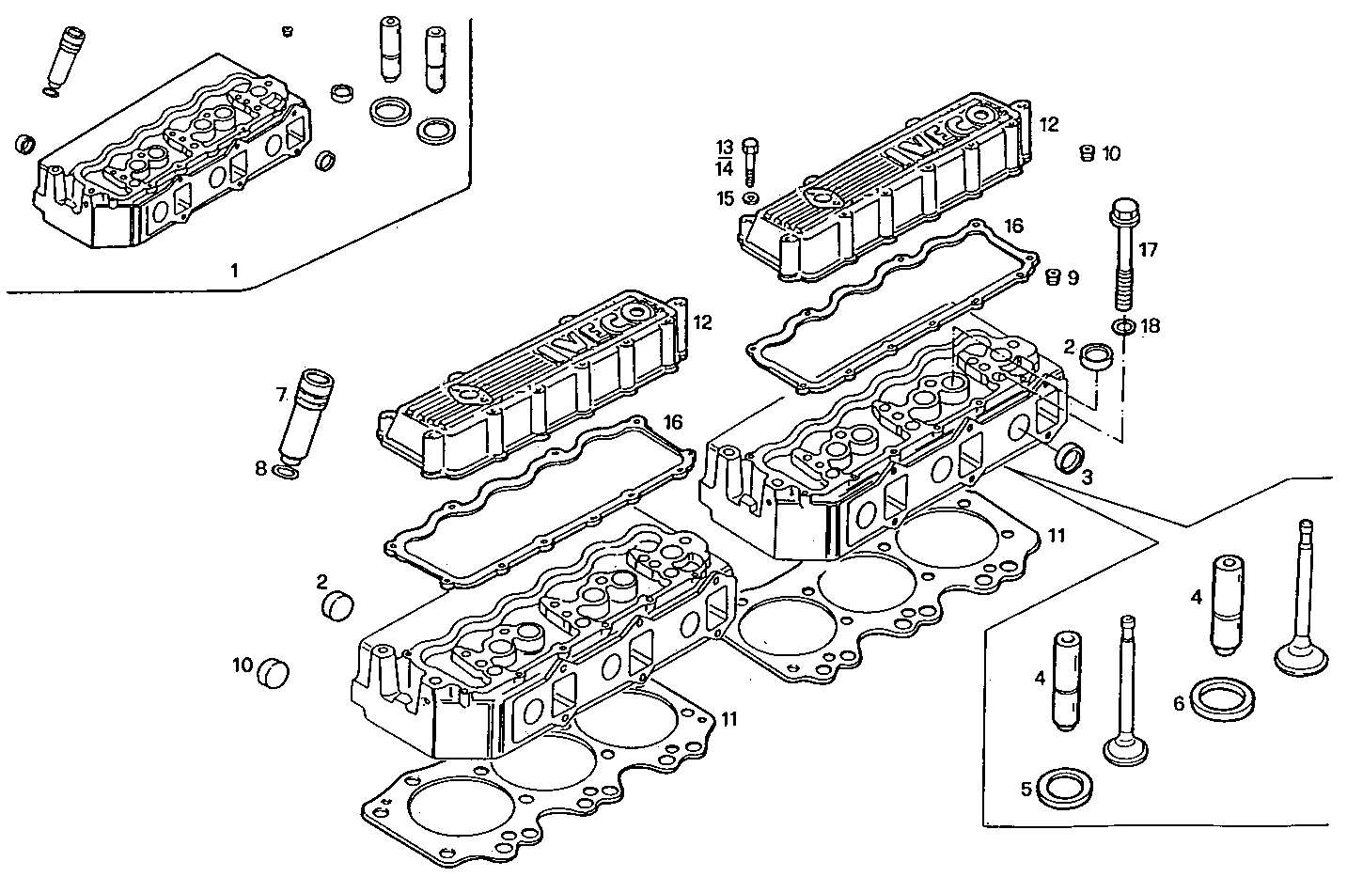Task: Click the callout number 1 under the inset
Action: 235,271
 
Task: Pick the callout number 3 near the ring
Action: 1087,477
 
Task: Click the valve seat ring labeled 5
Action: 1064,786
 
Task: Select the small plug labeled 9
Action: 1054,277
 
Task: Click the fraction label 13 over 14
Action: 725,158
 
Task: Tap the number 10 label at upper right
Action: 1111,152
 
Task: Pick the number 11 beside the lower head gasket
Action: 729,719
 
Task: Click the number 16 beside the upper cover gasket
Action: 1013,227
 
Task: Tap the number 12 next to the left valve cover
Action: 701,322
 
